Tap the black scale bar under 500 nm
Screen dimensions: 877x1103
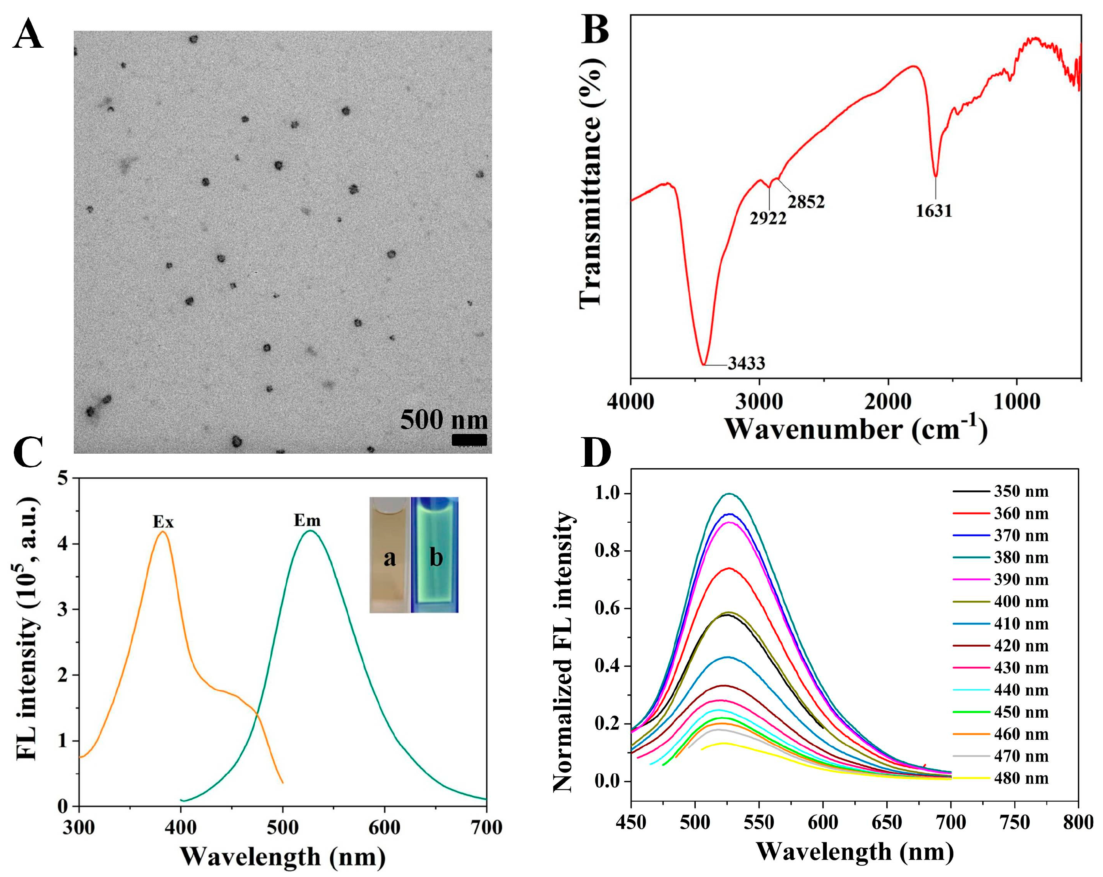(468, 440)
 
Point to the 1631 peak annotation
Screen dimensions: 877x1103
(934, 211)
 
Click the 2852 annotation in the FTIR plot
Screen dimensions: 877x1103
(806, 202)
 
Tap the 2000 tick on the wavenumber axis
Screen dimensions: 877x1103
(888, 402)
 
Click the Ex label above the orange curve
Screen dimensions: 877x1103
(163, 522)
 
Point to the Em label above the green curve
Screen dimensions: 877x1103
(307, 521)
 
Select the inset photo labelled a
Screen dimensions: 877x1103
(390, 555)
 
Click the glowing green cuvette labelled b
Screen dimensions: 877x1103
(435, 555)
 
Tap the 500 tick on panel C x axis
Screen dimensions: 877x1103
(283, 827)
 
